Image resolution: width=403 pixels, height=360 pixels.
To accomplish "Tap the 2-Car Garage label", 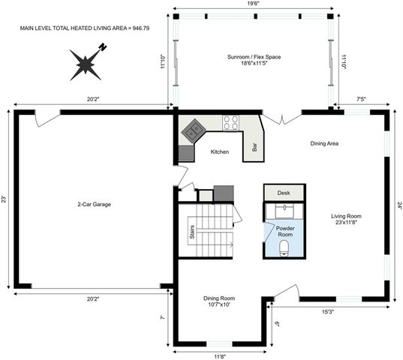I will (95, 204).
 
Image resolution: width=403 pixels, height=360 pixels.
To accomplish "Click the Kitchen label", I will (219, 151).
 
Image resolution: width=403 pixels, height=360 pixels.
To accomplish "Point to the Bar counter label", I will (255, 147).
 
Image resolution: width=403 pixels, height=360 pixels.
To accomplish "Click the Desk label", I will (283, 193).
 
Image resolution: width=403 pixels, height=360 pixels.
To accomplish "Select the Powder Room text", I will (285, 231).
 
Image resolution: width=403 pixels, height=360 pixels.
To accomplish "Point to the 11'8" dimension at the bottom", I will (219, 355).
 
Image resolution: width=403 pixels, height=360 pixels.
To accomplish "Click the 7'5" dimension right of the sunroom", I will (361, 98).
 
